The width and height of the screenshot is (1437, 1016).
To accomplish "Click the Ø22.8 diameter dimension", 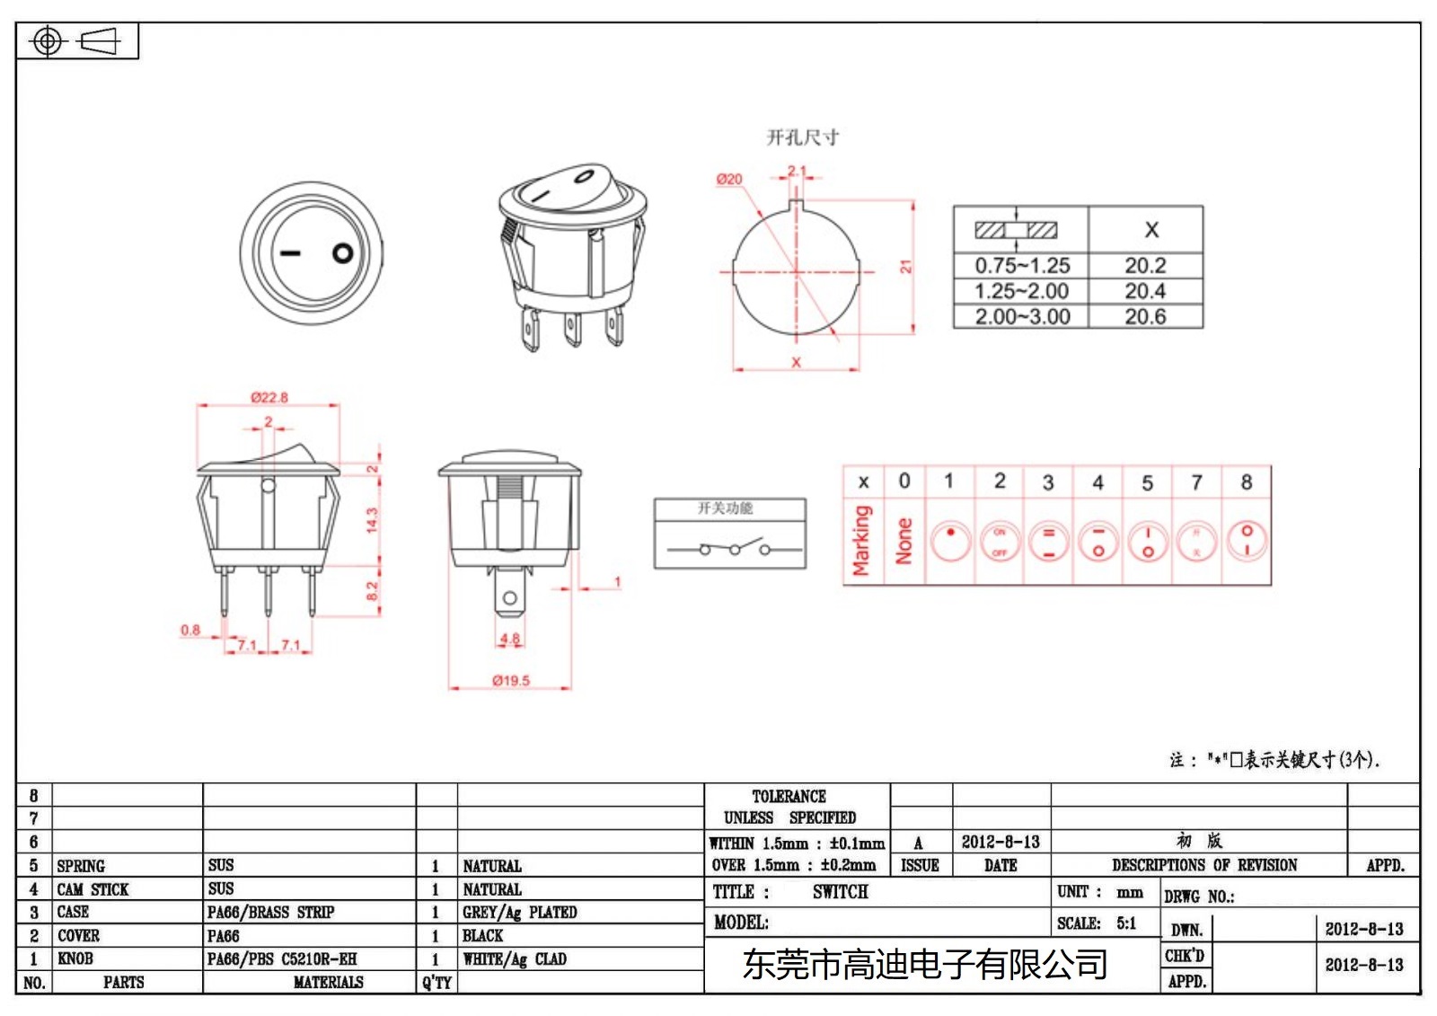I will pyautogui.click(x=269, y=397).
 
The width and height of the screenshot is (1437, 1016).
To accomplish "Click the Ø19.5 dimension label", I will pyautogui.click(x=510, y=681).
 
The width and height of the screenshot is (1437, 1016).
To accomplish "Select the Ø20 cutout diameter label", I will pyautogui.click(x=728, y=180).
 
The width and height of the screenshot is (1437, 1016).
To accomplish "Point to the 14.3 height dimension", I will pyautogui.click(x=372, y=520).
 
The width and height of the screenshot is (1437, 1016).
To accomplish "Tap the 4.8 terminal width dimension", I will pyautogui.click(x=509, y=639).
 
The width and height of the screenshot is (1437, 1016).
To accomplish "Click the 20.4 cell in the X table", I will pyautogui.click(x=1145, y=291).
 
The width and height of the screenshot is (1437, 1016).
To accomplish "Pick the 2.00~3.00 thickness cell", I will pyautogui.click(x=1022, y=317).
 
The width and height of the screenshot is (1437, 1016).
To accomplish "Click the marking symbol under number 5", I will pyautogui.click(x=1147, y=542).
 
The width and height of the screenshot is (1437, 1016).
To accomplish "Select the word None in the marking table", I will pyautogui.click(x=904, y=541).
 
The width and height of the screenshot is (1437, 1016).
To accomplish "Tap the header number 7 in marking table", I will pyautogui.click(x=1196, y=482).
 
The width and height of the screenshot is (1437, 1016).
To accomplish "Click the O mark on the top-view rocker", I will pyautogui.click(x=342, y=253).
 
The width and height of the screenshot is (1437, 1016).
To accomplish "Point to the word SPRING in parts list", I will pyautogui.click(x=81, y=866).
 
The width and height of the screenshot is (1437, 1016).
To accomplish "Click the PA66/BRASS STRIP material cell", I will pyautogui.click(x=270, y=913).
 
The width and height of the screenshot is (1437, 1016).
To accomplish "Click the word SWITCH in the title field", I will pyautogui.click(x=840, y=892).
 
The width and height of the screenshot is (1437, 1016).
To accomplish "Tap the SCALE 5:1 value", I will pyautogui.click(x=1126, y=923).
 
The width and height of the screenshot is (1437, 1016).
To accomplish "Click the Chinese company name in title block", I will pyautogui.click(x=924, y=965).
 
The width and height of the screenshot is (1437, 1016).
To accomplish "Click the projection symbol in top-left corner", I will pyautogui.click(x=75, y=41).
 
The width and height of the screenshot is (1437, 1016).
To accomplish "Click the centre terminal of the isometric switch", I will pyautogui.click(x=572, y=330).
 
